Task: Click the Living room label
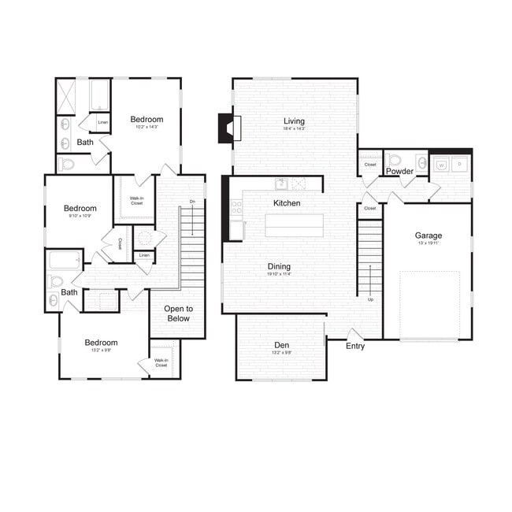[x=294, y=121]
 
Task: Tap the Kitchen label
[x=287, y=203]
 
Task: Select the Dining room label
[x=278, y=266]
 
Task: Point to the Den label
[x=281, y=344]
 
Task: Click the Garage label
[x=429, y=235]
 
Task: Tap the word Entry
[x=355, y=346]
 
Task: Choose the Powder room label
[x=400, y=171]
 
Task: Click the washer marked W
[x=442, y=165]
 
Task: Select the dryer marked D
[x=460, y=165]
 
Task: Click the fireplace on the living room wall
[x=228, y=128]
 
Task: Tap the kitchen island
[x=294, y=225]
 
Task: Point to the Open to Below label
[x=179, y=314]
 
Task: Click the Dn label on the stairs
[x=192, y=202]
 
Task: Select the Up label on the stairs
[x=370, y=299]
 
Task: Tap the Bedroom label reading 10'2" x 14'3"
[x=147, y=119]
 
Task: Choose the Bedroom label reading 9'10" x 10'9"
[x=80, y=209]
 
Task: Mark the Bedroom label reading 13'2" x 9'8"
[x=101, y=343]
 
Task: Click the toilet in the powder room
[x=395, y=159]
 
